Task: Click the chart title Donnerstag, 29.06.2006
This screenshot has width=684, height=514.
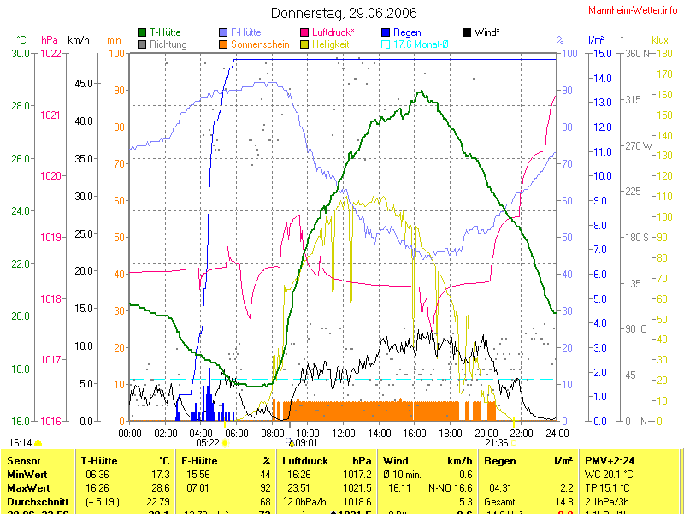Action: pyautogui.click(x=344, y=13)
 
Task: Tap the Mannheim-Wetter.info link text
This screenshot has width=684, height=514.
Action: pyautogui.click(x=634, y=9)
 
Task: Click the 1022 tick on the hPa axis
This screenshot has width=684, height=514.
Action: pyautogui.click(x=50, y=53)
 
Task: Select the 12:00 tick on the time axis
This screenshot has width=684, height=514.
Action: pyautogui.click(x=343, y=433)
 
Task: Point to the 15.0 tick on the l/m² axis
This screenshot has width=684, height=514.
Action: pyautogui.click(x=602, y=53)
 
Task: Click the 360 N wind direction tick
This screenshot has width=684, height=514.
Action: pyautogui.click(x=638, y=53)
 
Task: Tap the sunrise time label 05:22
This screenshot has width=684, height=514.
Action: pyautogui.click(x=208, y=443)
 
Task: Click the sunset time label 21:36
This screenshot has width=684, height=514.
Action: pyautogui.click(x=497, y=443)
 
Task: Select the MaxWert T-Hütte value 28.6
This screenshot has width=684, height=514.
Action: pyautogui.click(x=159, y=487)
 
